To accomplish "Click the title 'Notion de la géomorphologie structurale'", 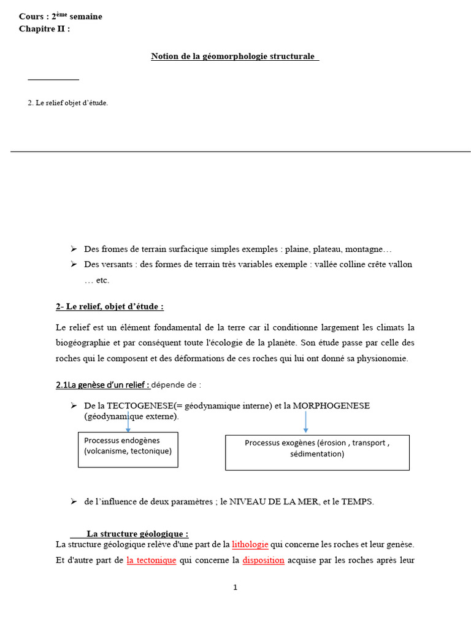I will click(234, 57).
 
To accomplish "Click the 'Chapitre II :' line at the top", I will click(44, 28).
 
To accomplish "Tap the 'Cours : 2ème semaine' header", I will click(60, 17).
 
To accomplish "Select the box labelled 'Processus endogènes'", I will click(128, 450).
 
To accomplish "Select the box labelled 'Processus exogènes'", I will click(317, 453).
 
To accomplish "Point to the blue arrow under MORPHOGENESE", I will click(305, 421).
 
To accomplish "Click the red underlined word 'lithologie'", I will click(250, 544).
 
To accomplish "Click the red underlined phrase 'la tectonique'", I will click(151, 560).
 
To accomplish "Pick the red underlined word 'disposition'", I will click(263, 560).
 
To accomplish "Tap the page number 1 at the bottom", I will click(235, 587).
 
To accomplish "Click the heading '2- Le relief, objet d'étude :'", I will click(110, 307).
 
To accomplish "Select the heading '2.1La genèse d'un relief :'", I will click(103, 385).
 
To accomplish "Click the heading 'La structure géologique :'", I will click(137, 534).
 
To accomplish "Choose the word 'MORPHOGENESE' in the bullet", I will click(331, 406).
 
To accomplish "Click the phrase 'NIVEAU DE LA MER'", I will click(274, 501).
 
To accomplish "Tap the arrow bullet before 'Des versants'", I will click(73, 264).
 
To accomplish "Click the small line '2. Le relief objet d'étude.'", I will click(67, 103).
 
